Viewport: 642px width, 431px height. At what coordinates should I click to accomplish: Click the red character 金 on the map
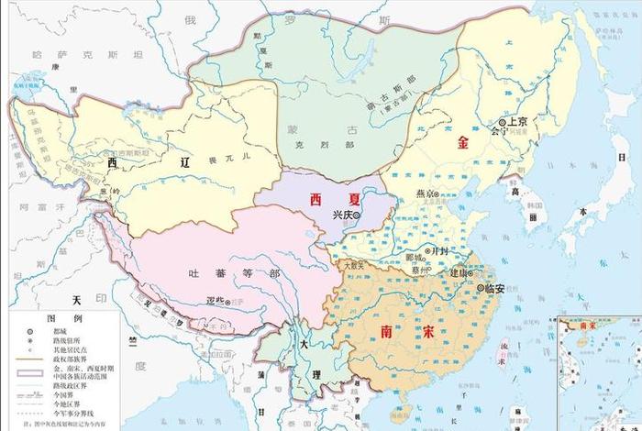pyautogui.click(x=464, y=143)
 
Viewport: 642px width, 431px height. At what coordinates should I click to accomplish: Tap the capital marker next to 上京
pyautogui.click(x=503, y=122)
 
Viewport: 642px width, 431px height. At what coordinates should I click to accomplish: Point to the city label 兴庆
pyautogui.click(x=343, y=214)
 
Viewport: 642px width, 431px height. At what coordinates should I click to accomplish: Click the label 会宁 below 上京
pyautogui.click(x=500, y=132)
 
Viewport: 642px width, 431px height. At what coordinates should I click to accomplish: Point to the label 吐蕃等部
pyautogui.click(x=221, y=272)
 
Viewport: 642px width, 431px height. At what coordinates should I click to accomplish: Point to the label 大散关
pyautogui.click(x=354, y=265)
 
